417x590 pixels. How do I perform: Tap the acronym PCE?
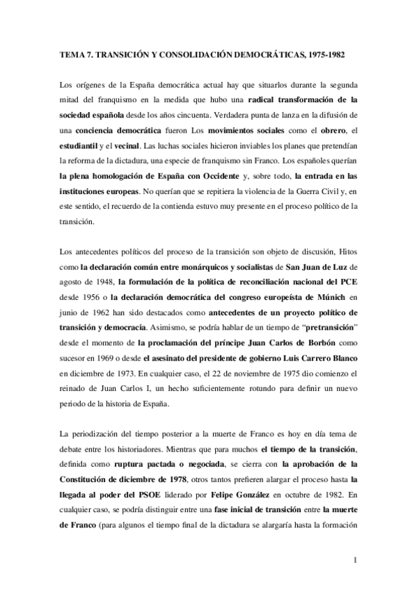(x=348, y=282)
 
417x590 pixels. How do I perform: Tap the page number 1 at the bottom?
(x=355, y=560)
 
